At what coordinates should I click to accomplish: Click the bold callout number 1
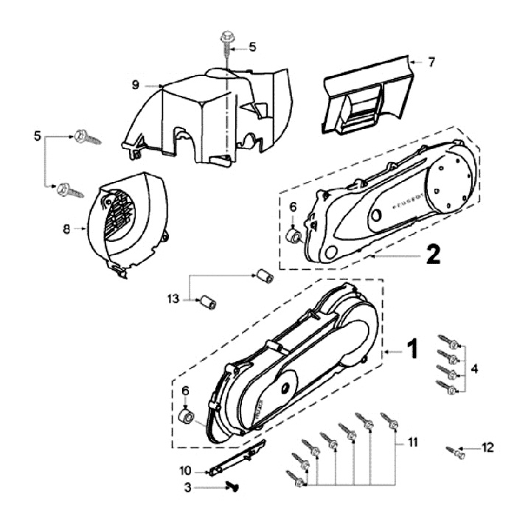point(413,349)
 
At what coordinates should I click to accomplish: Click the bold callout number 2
point(433,254)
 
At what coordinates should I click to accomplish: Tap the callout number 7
point(432,62)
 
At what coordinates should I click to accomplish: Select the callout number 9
point(136,85)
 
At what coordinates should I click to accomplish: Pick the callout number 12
point(487,447)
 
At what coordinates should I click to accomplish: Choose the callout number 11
point(413,442)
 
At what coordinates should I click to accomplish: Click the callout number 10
point(186,470)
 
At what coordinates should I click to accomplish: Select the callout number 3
point(187,487)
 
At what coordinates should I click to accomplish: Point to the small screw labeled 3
point(232,485)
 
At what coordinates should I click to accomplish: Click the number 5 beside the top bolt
point(252,47)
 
